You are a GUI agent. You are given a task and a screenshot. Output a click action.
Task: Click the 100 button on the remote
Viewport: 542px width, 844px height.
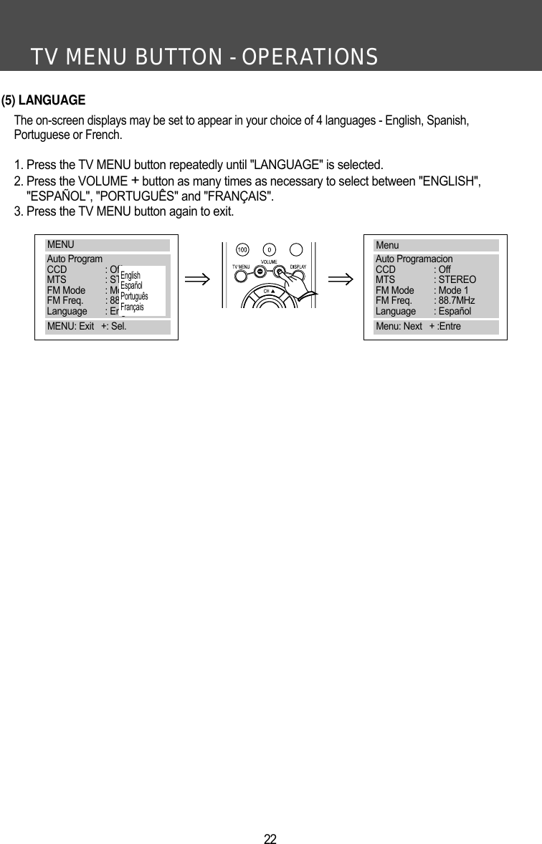(x=242, y=250)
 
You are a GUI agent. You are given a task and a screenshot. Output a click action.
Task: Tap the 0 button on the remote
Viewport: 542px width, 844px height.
(x=269, y=250)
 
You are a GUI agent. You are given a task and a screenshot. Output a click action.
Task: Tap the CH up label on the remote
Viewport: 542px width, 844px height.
(x=269, y=292)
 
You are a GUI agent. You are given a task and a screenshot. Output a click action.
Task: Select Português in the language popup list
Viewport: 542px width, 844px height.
(x=134, y=297)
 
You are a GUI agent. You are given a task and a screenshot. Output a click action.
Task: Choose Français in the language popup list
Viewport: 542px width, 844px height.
(x=132, y=307)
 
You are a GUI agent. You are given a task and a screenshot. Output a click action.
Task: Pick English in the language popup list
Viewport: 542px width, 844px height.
(x=130, y=276)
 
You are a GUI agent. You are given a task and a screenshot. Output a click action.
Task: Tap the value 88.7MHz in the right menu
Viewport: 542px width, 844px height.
(x=456, y=301)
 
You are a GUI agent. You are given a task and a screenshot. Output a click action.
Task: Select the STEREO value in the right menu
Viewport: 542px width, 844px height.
(x=457, y=280)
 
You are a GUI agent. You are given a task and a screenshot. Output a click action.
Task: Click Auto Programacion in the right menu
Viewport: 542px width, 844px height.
(x=414, y=259)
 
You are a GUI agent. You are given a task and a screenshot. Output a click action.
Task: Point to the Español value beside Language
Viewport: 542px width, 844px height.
(x=455, y=312)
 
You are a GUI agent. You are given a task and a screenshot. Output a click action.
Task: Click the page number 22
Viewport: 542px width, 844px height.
(x=270, y=839)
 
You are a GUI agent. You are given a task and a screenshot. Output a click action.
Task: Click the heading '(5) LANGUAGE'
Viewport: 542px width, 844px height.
(x=44, y=100)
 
